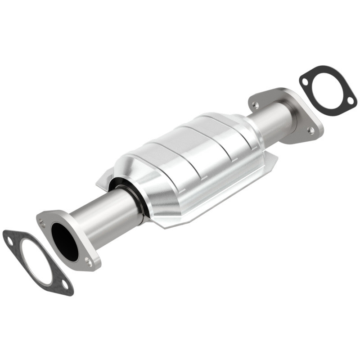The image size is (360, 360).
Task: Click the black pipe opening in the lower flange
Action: point(64,241)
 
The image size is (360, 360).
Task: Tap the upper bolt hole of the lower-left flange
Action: point(42,221)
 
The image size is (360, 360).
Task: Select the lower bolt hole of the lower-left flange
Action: point(88,261)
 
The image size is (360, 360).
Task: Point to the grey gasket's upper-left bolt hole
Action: point(9,242)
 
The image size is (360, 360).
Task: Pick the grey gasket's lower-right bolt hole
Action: point(65,284)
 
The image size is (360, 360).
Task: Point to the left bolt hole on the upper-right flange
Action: point(255,104)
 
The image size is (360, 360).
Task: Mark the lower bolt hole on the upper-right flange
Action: point(310,130)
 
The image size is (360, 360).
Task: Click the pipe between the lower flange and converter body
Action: point(103,211)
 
